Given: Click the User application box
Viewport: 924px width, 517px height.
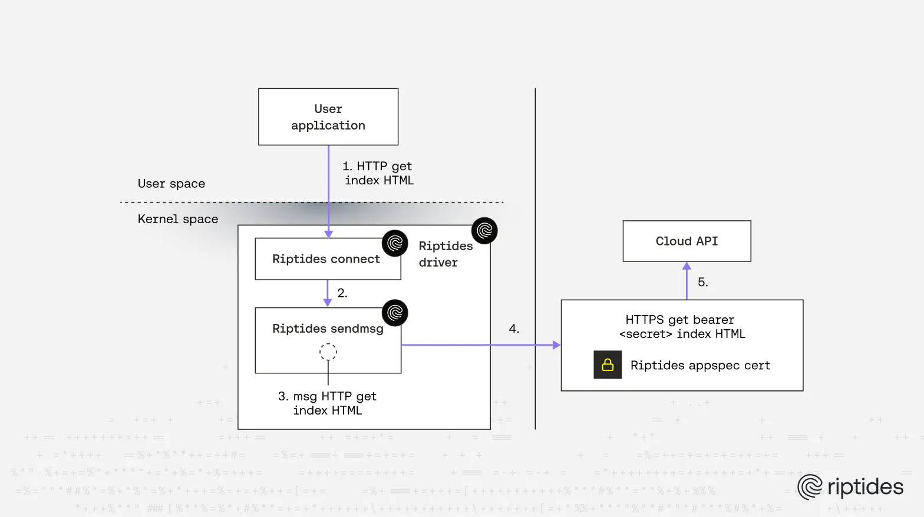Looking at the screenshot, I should coord(328,117).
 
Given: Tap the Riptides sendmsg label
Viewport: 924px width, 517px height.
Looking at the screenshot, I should coord(328,329).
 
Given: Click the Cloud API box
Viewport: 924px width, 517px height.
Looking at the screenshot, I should coord(687,241).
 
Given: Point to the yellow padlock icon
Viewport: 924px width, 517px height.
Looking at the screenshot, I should coord(608,365).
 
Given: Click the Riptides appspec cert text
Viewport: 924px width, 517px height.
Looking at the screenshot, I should coord(700,365).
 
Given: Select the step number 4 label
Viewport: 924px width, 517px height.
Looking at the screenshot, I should coord(514,329).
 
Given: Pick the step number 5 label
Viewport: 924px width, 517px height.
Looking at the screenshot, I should coord(702,282).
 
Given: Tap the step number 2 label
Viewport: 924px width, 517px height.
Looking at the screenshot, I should coord(342,293).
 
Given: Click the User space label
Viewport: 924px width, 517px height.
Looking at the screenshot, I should coord(171,184).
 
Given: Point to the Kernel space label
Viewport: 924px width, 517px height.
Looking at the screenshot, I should coord(178,219).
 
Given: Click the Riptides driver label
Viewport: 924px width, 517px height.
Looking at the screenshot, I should coord(445,254).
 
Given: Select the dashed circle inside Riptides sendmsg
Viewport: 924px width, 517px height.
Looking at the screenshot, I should coord(328,352).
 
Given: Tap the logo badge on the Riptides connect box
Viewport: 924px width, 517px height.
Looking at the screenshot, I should coord(395,243).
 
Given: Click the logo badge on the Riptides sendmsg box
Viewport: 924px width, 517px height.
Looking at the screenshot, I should coord(395,313).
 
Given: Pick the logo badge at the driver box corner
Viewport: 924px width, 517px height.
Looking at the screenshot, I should coord(484,231).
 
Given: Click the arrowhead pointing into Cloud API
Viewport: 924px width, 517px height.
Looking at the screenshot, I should coord(687,266).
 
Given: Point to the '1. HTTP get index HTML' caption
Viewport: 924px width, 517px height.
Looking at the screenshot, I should coord(378,173).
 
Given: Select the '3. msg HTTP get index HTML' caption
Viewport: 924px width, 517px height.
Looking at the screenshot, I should coord(327,403).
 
